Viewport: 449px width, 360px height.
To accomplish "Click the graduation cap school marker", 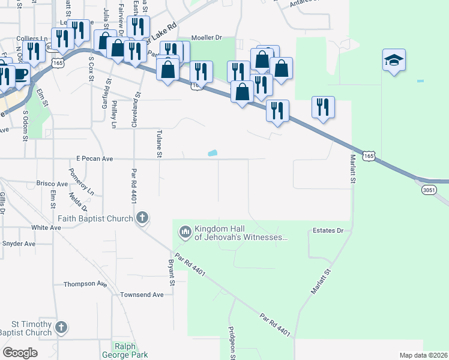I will point(394,60).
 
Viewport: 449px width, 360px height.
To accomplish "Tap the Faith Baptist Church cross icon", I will point(142,217).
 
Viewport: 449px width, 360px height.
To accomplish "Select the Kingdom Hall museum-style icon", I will point(184,231).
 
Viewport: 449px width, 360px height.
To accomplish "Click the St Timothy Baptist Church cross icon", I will point(60,327).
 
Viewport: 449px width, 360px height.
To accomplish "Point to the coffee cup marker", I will point(20,74).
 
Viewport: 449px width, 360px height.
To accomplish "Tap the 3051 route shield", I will point(429,190).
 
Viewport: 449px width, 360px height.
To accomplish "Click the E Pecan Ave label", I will point(95,159).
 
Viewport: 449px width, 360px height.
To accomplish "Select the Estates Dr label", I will point(328,230).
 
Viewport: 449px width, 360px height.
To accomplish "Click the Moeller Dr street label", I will point(206,38).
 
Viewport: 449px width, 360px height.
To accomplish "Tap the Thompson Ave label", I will point(83,284).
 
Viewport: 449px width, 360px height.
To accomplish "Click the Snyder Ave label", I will point(19,244).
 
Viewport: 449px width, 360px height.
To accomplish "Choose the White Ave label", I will point(46,227).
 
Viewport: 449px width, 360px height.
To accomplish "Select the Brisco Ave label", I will point(52,184).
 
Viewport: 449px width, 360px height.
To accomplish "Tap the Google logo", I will point(20,352).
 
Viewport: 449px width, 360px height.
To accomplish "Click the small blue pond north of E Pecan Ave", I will point(212,154).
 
